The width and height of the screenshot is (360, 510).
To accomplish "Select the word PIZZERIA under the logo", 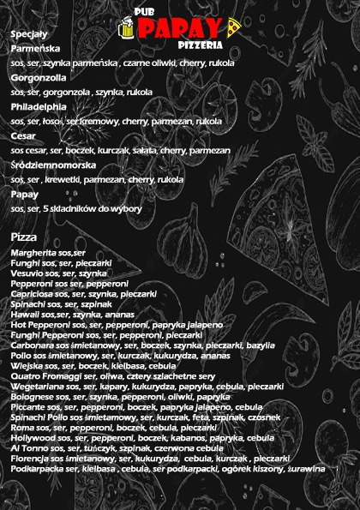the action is pos(202,44).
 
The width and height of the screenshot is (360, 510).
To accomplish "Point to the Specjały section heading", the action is pos(29,33).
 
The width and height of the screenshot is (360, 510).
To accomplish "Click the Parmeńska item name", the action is pos(35,48).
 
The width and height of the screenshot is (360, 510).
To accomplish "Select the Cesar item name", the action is pos(24,135).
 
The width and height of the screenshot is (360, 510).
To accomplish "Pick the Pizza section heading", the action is pos(23,236).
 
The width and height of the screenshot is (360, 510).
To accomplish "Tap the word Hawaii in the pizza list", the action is pos(25,315).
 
